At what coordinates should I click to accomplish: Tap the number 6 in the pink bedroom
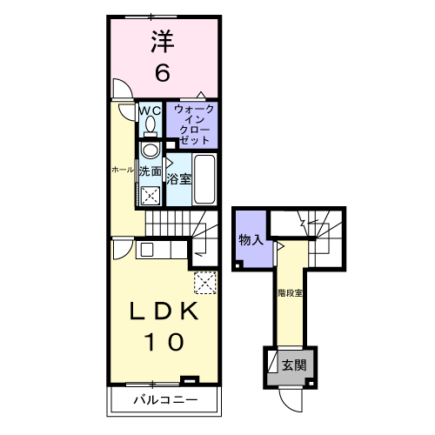click(x=162, y=73)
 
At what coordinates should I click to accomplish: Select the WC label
click(x=150, y=110)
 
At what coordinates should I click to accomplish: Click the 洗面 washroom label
click(x=151, y=171)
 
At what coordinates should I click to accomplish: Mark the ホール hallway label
click(x=122, y=171)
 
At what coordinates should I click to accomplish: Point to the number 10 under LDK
click(x=163, y=342)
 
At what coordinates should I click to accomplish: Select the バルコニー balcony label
click(x=164, y=401)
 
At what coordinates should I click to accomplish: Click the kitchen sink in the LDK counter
click(x=145, y=250)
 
